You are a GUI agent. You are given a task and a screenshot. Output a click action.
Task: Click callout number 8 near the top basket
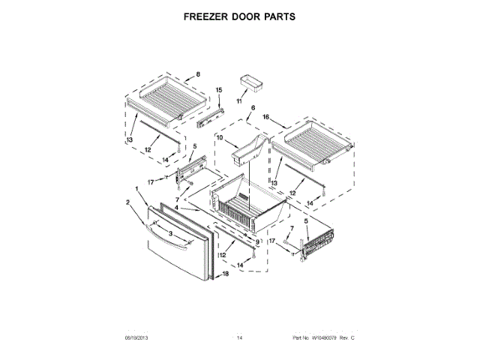click(198, 73)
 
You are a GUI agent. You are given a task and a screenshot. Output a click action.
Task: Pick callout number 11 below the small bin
click(239, 100)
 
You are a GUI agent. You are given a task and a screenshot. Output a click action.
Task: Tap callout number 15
click(219, 91)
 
